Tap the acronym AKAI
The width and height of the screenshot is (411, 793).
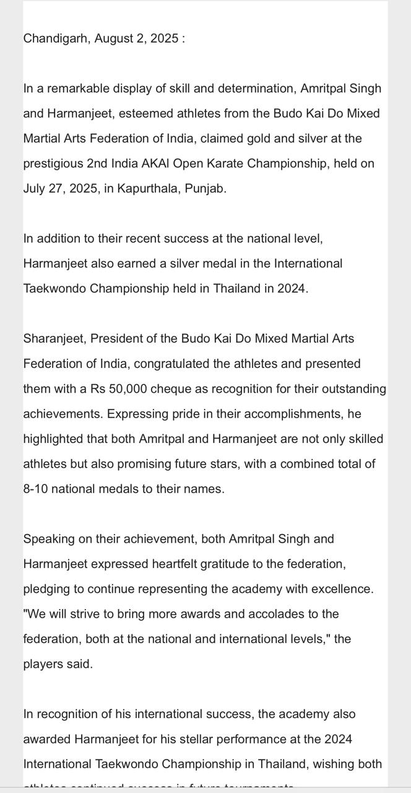(x=154, y=164)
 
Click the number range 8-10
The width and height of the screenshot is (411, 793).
(x=35, y=489)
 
